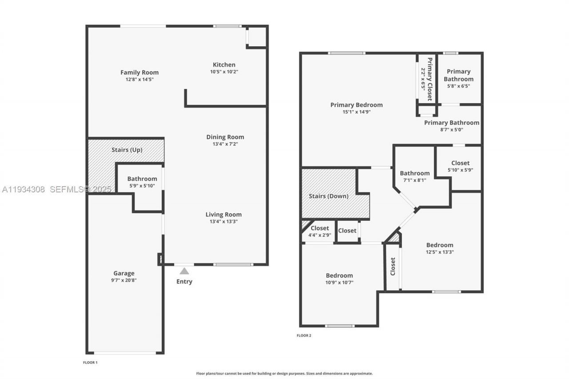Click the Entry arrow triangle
(184, 271)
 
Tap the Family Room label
(139, 72)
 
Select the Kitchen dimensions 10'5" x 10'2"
(224, 72)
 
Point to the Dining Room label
(225, 137)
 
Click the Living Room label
(224, 214)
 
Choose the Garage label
(124, 273)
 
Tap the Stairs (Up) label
(127, 150)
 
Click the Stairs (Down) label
(329, 196)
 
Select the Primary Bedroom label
(356, 105)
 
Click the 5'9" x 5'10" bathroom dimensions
(142, 186)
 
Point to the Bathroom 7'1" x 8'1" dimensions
(414, 180)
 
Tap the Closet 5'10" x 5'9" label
(460, 163)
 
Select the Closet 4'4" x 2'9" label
(320, 228)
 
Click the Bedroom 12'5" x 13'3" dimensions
(439, 252)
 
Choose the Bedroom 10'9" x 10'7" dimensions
(339, 283)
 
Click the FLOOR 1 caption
(90, 363)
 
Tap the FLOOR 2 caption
(304, 335)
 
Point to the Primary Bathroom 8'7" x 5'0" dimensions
(451, 130)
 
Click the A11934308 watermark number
(24, 189)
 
